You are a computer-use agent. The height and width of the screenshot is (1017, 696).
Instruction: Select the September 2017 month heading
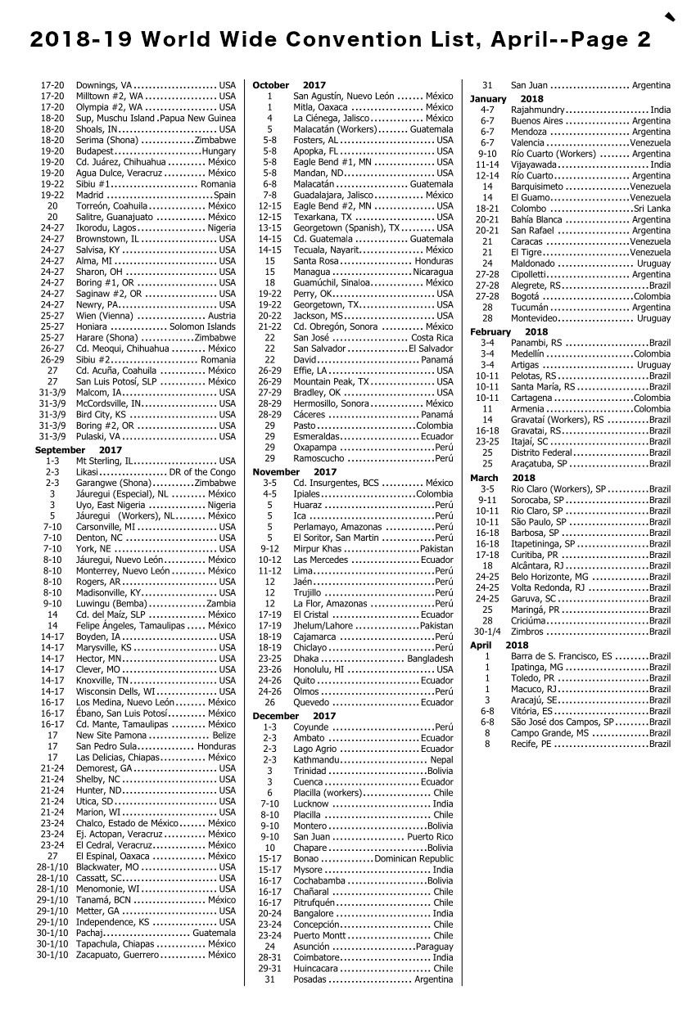click(78, 450)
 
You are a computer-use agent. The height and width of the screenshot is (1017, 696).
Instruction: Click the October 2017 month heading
click(288, 85)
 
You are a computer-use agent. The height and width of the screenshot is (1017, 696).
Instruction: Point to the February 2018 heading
click(508, 331)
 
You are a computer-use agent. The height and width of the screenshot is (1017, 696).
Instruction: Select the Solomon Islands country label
click(203, 326)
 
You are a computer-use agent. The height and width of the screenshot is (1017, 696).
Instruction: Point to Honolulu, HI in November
click(319, 669)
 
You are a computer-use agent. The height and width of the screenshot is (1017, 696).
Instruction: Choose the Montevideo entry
click(540, 317)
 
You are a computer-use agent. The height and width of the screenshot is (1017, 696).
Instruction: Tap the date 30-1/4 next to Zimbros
click(487, 632)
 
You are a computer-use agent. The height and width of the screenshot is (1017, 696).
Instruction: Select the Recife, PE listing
click(531, 744)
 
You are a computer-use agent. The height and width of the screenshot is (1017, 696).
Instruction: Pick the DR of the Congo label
click(201, 472)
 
